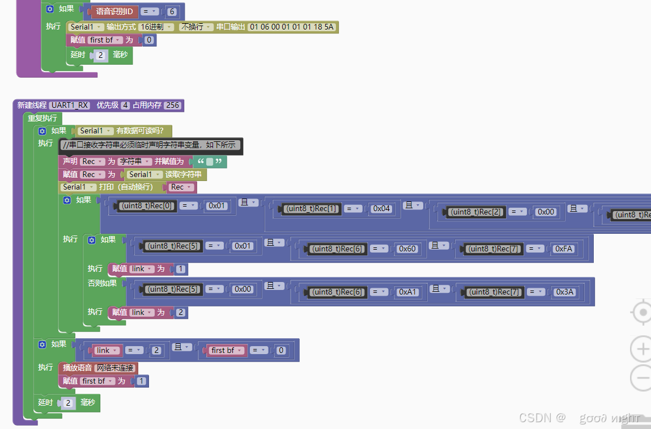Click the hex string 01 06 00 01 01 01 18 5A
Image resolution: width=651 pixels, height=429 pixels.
(x=292, y=27)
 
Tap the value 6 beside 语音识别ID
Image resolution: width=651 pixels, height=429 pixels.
(x=172, y=11)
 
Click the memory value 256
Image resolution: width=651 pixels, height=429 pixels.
(x=172, y=105)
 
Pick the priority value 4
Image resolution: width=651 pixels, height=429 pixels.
(x=125, y=105)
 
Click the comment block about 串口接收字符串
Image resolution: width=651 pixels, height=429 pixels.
(x=151, y=145)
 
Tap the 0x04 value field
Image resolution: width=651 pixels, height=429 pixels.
(x=382, y=209)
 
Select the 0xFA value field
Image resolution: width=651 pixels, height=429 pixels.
(x=564, y=249)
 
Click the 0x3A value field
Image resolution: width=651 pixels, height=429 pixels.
(x=565, y=292)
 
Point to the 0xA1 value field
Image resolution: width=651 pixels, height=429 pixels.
(x=407, y=292)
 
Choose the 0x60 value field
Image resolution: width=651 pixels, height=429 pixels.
(x=407, y=249)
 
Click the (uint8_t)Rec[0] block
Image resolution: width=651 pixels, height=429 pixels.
(x=147, y=206)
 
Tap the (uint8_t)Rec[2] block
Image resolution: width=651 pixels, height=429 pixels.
(x=476, y=212)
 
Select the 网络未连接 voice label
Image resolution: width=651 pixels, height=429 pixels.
(x=115, y=368)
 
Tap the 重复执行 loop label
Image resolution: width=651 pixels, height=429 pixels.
(x=42, y=118)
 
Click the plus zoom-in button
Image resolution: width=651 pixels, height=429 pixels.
(x=642, y=348)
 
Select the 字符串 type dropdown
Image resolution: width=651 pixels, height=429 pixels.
(x=134, y=162)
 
